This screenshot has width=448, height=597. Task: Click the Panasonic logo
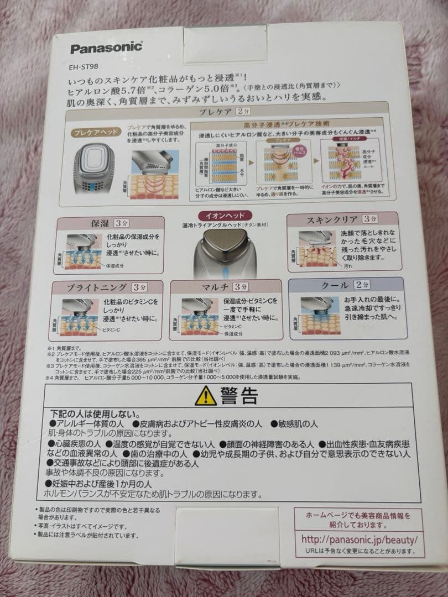tap(106, 48)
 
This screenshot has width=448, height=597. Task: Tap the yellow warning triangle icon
tap(205, 396)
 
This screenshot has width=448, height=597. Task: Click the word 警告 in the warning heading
tap(238, 396)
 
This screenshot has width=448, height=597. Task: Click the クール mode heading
tap(335, 285)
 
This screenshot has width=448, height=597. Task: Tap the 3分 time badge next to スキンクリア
tap(370, 219)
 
